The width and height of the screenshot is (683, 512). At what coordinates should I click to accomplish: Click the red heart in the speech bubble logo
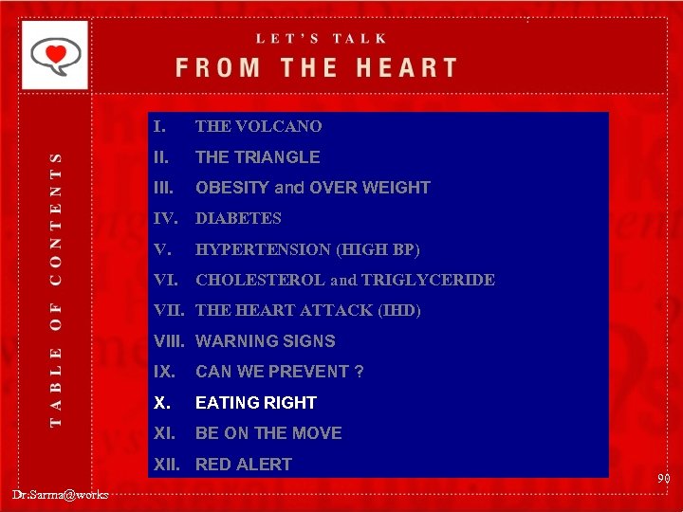pyautogui.click(x=58, y=53)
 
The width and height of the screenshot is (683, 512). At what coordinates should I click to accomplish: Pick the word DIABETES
pyautogui.click(x=238, y=218)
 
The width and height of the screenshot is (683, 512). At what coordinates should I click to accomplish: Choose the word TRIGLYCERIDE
pyautogui.click(x=441, y=280)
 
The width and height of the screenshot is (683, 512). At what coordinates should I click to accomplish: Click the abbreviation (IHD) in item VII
pyautogui.click(x=398, y=310)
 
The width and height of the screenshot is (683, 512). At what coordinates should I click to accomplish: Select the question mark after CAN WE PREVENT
pyautogui.click(x=359, y=372)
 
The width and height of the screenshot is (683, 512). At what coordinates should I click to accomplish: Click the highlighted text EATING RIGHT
pyautogui.click(x=255, y=403)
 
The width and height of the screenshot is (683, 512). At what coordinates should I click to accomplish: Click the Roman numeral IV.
pyautogui.click(x=166, y=218)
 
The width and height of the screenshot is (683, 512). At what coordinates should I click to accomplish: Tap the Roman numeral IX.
pyautogui.click(x=164, y=372)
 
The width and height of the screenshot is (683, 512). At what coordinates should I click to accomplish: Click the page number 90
pyautogui.click(x=663, y=480)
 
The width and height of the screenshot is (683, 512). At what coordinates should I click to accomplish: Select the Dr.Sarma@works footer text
pyautogui.click(x=61, y=494)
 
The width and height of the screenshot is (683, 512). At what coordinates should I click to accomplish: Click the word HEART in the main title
pyautogui.click(x=398, y=68)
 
